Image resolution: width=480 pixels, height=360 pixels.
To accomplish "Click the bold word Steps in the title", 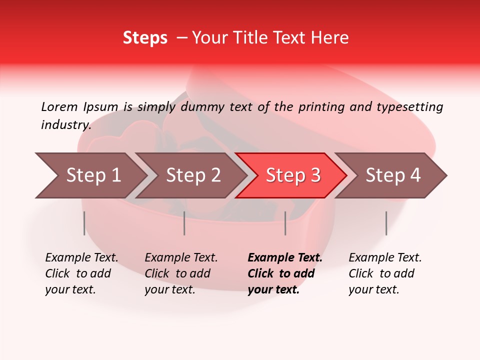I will pyautogui.click(x=145, y=38).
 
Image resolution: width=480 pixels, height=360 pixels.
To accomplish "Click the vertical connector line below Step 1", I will pyautogui.click(x=84, y=223).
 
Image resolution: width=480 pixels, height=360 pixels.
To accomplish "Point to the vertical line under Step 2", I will pyautogui.click(x=184, y=223).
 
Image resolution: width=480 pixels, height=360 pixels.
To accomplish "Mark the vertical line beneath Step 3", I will pyautogui.click(x=285, y=223).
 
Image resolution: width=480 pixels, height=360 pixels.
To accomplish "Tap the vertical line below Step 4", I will pyautogui.click(x=386, y=223).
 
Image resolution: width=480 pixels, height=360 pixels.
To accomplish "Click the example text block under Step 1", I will pyautogui.click(x=81, y=273).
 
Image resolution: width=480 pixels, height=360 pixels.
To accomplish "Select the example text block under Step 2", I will pyautogui.click(x=181, y=273).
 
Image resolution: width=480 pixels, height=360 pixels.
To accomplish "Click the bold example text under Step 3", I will pyautogui.click(x=284, y=273).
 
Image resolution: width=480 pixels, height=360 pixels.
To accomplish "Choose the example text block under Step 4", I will pyautogui.click(x=385, y=273).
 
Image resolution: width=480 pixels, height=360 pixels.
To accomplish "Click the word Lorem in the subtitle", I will pyautogui.click(x=59, y=106).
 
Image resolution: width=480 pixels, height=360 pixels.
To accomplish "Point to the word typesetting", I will pyautogui.click(x=410, y=106).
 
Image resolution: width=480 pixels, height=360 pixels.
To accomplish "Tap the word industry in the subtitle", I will pyautogui.click(x=65, y=124).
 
